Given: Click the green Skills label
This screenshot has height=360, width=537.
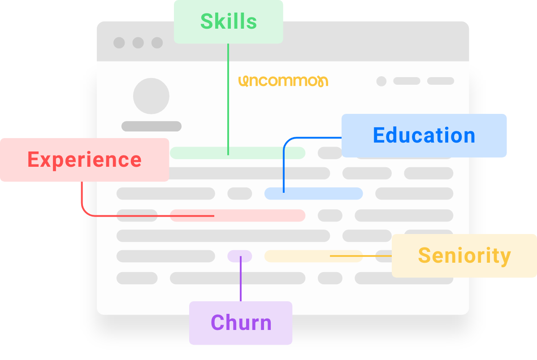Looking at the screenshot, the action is coord(229,22).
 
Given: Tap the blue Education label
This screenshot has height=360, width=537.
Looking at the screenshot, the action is coord(424,135).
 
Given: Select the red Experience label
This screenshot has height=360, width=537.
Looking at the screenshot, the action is coord(85,160).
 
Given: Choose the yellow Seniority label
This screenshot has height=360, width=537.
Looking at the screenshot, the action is coord(464,256).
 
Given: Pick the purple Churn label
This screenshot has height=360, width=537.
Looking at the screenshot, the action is coord(241,323).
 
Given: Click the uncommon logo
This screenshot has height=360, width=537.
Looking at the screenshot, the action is coord(283,81).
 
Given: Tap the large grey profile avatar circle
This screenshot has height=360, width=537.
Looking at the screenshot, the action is coord(151,96).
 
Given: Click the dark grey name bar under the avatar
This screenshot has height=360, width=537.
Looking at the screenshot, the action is coord(152,126).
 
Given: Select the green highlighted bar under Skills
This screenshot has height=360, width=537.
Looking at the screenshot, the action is coord(238,153).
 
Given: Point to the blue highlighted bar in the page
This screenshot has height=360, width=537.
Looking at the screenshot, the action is coord(313,194).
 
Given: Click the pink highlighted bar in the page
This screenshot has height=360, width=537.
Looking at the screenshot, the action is coord(238,216).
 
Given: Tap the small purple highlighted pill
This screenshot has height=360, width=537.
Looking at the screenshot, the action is coord(240,256).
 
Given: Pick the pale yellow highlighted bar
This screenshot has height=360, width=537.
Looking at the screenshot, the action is coord(313,256).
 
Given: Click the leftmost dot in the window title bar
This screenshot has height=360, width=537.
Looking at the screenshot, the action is coord(119,43).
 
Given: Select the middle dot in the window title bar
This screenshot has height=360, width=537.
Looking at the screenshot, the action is coord(138,43).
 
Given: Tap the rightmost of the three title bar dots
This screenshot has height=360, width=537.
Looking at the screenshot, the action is coord(157,43).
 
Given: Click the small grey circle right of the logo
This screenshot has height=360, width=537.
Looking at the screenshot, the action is coord(381,81).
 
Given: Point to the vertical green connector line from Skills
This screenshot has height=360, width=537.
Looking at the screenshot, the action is coord(228,100).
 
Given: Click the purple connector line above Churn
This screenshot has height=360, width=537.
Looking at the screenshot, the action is coord(241,278).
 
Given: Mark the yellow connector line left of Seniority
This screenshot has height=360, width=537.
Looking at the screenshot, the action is coord(361,256).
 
